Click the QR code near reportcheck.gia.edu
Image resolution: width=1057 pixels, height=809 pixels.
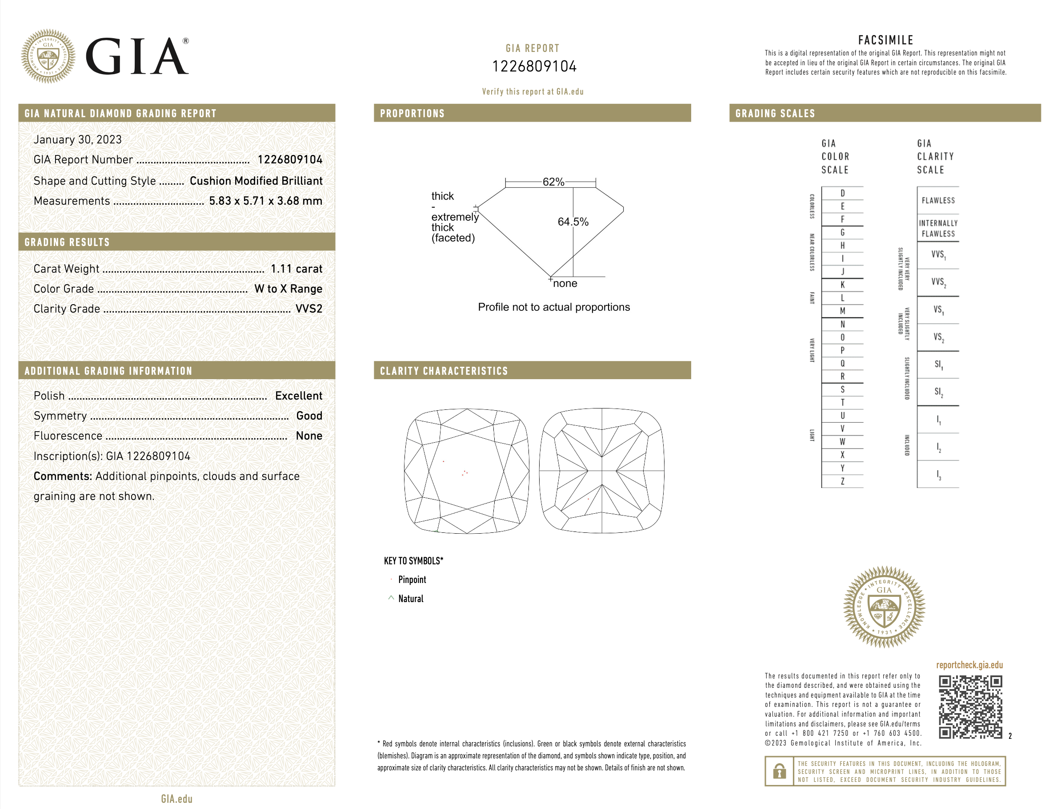[x=970, y=706]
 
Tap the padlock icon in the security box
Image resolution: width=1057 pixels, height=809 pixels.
[x=778, y=771]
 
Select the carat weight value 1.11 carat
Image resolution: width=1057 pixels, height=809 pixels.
[x=296, y=269]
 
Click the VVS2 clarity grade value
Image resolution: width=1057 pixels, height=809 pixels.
[x=308, y=309]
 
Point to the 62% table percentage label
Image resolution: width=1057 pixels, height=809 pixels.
[x=553, y=182]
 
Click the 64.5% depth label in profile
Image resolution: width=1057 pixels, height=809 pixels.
[x=573, y=222]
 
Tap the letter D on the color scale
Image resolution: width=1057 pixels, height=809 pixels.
[x=842, y=193]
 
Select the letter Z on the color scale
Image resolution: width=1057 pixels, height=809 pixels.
[x=842, y=481]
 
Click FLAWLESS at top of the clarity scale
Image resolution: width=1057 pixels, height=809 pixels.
[x=937, y=200]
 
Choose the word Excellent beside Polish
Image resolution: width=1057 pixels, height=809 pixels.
[x=298, y=396]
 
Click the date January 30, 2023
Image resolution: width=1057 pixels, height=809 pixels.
[x=78, y=140]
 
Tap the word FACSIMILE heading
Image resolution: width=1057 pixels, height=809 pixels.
[x=885, y=40]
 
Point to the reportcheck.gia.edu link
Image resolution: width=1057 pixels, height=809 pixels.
[x=969, y=665]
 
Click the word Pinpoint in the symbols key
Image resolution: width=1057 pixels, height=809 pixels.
[x=412, y=580]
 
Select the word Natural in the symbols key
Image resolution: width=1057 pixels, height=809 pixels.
[x=411, y=599]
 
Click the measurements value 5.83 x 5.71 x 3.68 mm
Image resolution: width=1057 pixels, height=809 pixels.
[x=265, y=201]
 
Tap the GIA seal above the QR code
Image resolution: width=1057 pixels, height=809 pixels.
[x=884, y=607]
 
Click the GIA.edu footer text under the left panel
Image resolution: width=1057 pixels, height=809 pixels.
[x=176, y=799]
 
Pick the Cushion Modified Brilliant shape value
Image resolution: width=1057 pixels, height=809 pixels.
[x=256, y=181]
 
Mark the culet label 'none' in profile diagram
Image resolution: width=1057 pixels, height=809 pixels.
[x=565, y=284]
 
